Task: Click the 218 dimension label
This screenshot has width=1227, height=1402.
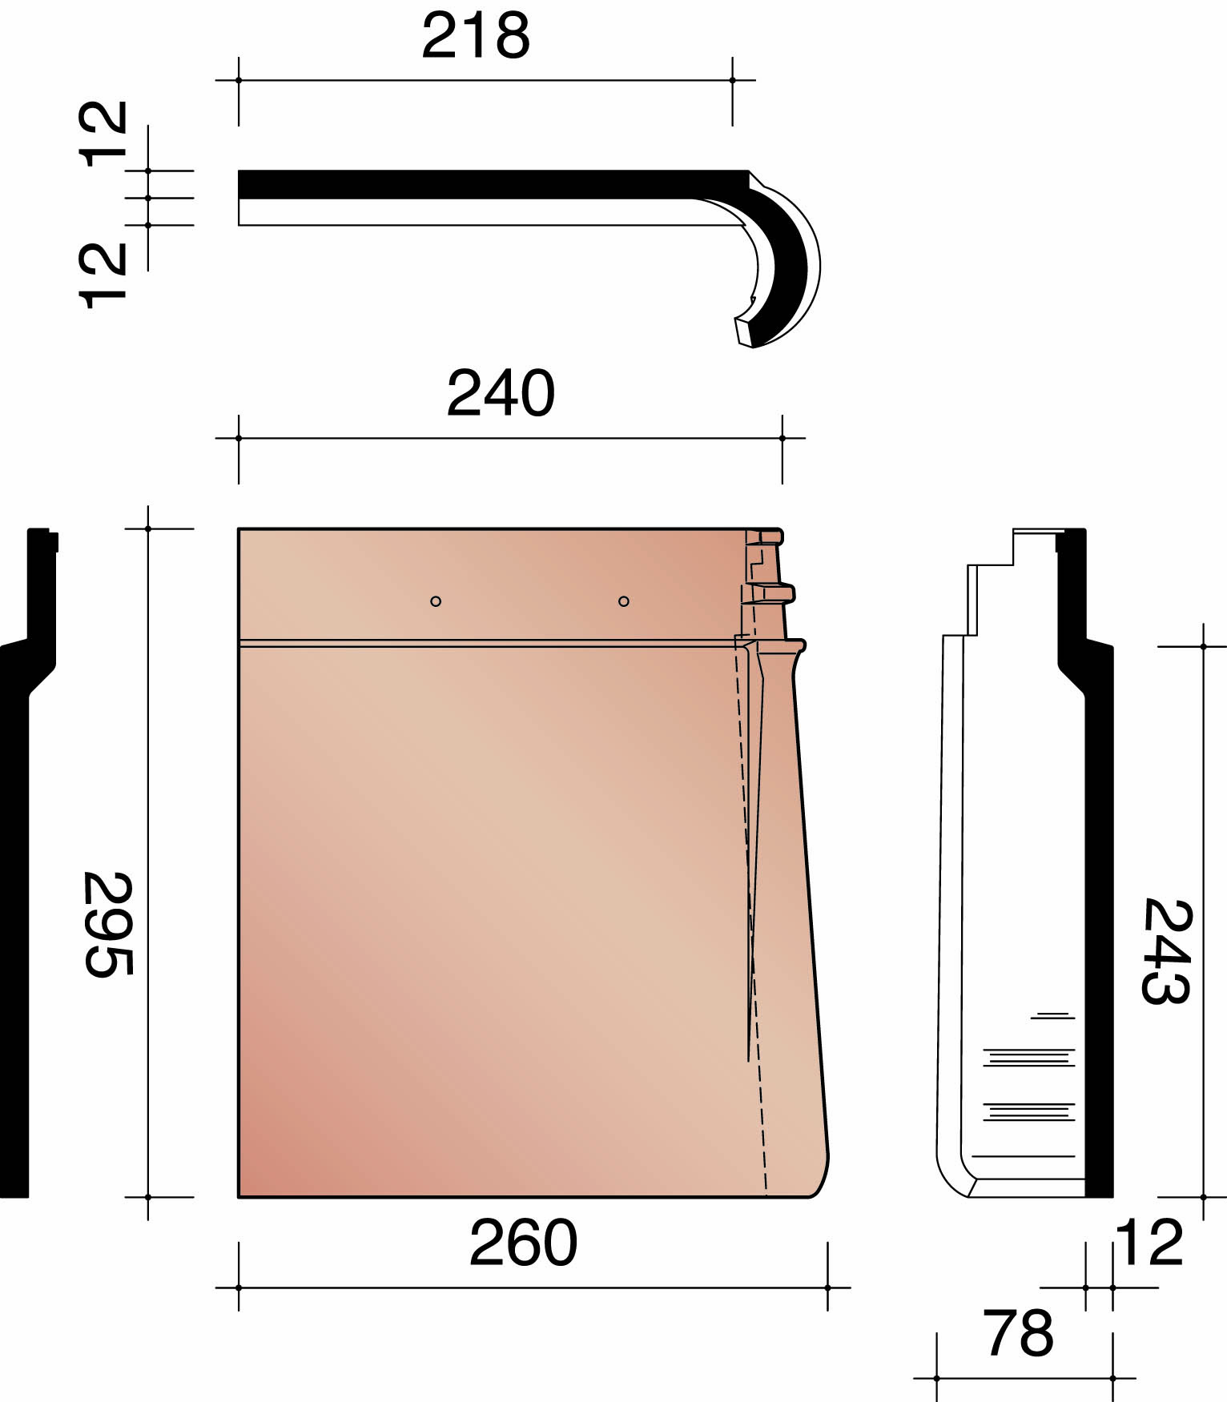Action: pyautogui.click(x=476, y=36)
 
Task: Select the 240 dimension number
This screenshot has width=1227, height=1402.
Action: pyautogui.click(x=501, y=393)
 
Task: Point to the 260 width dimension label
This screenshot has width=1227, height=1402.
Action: pyautogui.click(x=523, y=1243)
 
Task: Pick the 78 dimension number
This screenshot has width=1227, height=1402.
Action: pyautogui.click(x=1018, y=1333)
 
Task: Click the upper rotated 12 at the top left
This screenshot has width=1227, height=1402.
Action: pyautogui.click(x=103, y=134)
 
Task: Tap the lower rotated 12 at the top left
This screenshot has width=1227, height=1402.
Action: pyautogui.click(x=103, y=275)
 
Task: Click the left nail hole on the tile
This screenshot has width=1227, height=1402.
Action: pyautogui.click(x=436, y=601)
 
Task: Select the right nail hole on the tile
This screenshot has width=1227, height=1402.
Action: pyautogui.click(x=624, y=601)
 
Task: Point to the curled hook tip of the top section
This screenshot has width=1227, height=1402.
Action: pyautogui.click(x=744, y=331)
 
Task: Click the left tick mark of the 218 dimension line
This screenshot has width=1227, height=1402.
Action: pyautogui.click(x=239, y=80)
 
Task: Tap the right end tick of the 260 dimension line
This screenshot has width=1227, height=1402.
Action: pyautogui.click(x=827, y=1288)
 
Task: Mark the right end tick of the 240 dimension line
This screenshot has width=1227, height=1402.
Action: pyautogui.click(x=782, y=438)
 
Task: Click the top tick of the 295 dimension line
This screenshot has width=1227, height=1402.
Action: pyautogui.click(x=148, y=528)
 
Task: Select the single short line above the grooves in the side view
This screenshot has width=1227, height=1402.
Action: pyautogui.click(x=1052, y=1016)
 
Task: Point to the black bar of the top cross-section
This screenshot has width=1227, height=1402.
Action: pyautogui.click(x=481, y=184)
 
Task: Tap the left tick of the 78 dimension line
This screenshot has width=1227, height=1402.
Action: pyautogui.click(x=936, y=1379)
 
